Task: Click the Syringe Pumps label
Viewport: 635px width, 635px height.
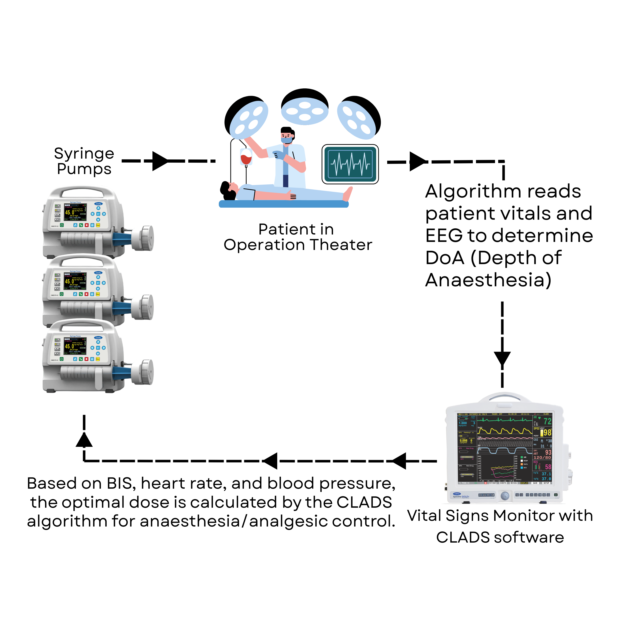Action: tap(84, 161)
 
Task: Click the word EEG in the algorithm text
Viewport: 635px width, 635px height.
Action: tap(444, 236)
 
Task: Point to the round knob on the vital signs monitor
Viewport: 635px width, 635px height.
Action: tap(505, 496)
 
